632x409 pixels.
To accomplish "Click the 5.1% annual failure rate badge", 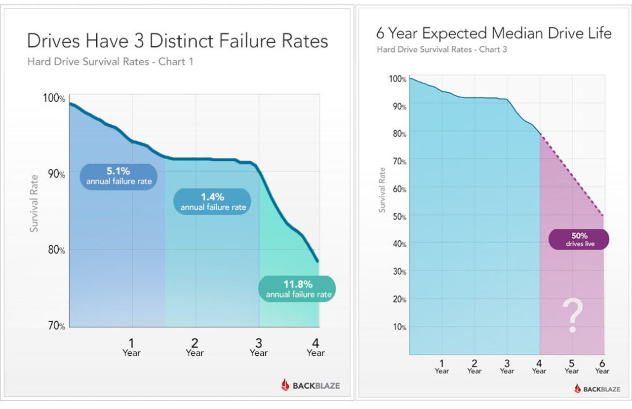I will (x=118, y=177).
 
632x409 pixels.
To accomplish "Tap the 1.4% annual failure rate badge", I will (x=213, y=201).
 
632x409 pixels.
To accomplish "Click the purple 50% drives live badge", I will (x=579, y=239).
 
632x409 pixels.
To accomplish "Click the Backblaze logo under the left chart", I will (x=311, y=385).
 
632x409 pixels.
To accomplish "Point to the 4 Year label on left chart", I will (x=316, y=347).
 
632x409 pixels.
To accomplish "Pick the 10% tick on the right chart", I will (x=399, y=327).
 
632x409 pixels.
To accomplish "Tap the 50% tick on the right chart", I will (x=399, y=216).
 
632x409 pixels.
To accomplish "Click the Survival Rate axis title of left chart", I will (x=34, y=209).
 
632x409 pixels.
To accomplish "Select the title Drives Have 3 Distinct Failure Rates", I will (x=178, y=41).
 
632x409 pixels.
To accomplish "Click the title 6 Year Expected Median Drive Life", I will (x=494, y=34).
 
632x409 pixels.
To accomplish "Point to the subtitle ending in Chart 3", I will (x=442, y=49).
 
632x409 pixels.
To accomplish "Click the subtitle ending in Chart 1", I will (x=110, y=62).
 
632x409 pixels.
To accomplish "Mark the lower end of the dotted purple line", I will (x=603, y=216).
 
